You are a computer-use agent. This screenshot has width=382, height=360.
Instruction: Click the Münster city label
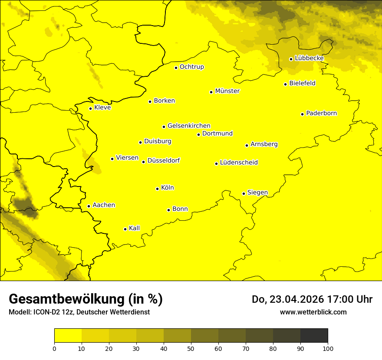[227, 91]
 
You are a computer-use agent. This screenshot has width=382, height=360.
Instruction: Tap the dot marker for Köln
[158, 189]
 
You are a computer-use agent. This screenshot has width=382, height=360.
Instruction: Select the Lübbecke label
[309, 58]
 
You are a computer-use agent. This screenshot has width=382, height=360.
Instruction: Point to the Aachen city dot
[89, 206]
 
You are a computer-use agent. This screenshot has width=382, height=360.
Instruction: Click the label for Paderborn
[321, 113]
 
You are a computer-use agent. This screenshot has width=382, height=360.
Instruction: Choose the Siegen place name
[257, 193]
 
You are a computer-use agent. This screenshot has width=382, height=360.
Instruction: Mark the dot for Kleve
[91, 108]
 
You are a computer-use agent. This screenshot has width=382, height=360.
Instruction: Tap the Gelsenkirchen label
[189, 126]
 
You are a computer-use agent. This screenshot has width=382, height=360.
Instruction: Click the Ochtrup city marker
[176, 68]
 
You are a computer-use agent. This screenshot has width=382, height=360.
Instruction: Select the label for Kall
[134, 228]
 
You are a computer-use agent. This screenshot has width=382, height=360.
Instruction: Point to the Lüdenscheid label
[239, 163]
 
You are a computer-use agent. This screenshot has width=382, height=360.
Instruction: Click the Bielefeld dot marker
[286, 84]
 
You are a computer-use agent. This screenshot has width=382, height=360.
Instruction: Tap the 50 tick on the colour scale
[191, 348]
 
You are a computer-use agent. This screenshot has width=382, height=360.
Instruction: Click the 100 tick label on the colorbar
[328, 348]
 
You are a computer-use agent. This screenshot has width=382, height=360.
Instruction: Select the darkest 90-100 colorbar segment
[314, 335]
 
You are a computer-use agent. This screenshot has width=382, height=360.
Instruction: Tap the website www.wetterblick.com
[313, 312]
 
